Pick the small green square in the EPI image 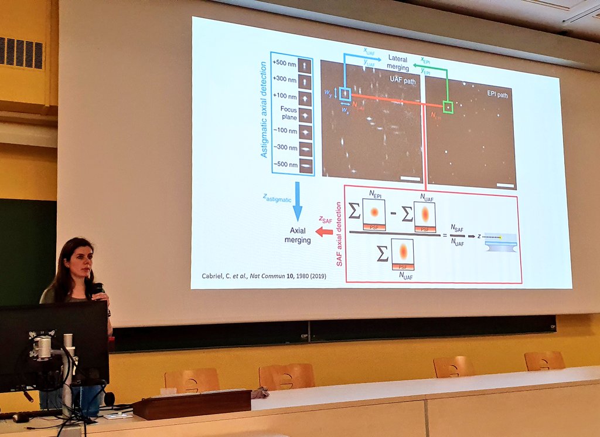pos(448,107)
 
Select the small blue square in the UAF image pos(345,94)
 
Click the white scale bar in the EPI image pos(504,185)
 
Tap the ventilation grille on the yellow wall pos(22,53)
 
